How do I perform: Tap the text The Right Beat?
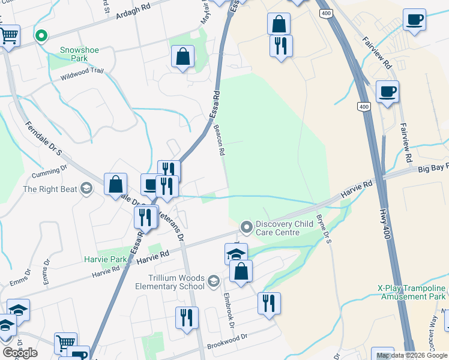tap(50, 190)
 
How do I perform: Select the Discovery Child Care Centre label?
tap(285, 228)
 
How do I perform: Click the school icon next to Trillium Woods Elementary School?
tap(213, 281)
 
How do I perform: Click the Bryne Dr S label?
tap(324, 230)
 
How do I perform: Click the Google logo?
tap(20, 352)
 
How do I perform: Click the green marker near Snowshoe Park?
tap(41, 36)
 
